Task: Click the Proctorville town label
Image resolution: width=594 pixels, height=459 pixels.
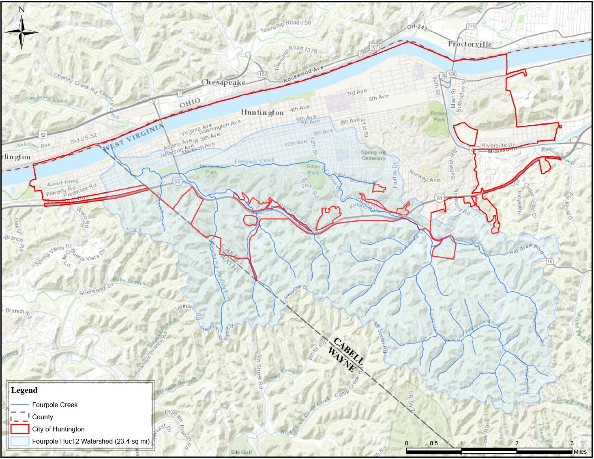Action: pyautogui.click(x=470, y=44)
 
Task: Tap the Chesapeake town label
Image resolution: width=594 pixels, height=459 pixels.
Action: pyautogui.click(x=223, y=82)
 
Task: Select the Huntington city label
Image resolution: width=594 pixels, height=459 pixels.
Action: pyautogui.click(x=262, y=112)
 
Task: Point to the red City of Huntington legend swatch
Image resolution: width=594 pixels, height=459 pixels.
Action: pyautogui.click(x=19, y=429)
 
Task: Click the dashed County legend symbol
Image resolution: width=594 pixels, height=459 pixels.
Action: pyautogui.click(x=19, y=417)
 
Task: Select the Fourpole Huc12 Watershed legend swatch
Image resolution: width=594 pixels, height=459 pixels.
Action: pyautogui.click(x=19, y=441)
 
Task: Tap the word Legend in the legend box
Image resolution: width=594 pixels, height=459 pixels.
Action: pyautogui.click(x=24, y=390)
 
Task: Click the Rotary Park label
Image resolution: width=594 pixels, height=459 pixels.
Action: pyautogui.click(x=439, y=116)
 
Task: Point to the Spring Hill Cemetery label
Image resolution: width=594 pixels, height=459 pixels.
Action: pyautogui.click(x=373, y=155)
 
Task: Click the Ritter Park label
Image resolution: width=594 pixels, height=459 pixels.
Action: pyautogui.click(x=313, y=169)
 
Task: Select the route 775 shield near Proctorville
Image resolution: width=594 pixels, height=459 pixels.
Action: pyautogui.click(x=471, y=26)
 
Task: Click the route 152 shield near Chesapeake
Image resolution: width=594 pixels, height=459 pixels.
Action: pyautogui.click(x=263, y=74)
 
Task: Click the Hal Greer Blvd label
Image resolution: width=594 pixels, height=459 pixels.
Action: pyautogui.click(x=526, y=249)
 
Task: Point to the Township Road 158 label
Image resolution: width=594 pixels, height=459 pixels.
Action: pyautogui.click(x=285, y=26)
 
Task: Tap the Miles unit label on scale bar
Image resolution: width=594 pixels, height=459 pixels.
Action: pyautogui.click(x=580, y=452)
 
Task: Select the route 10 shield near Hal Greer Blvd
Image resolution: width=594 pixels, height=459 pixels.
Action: pyautogui.click(x=549, y=261)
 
